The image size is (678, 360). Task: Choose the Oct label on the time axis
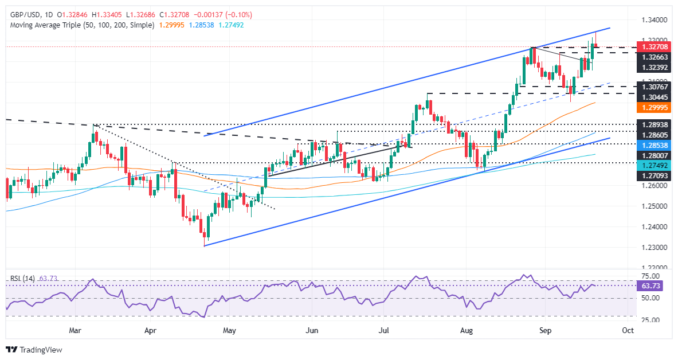[x=628, y=331]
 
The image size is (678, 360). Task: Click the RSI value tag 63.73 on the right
[x=649, y=285]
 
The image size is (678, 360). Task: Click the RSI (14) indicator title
[x=22, y=278]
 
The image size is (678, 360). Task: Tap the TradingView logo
[x=34, y=349]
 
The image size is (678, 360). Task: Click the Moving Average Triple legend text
[x=80, y=25]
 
